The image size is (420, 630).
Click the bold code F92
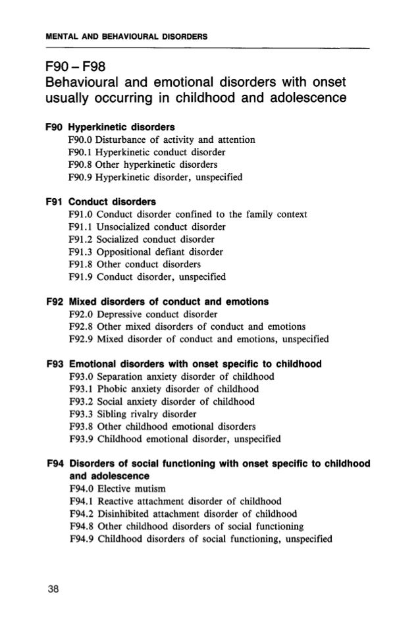pos(57,302)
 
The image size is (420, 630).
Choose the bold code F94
pos(57,462)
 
